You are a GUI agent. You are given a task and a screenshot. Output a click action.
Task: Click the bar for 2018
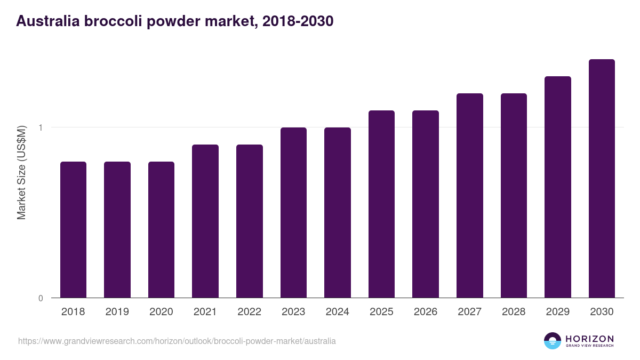pos(73,229)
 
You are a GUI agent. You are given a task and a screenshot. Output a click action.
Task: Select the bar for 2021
pos(205,221)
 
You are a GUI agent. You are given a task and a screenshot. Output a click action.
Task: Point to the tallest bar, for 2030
pos(602,178)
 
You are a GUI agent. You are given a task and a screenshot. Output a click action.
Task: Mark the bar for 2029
pos(558,187)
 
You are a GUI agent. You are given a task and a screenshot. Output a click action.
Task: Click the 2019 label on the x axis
pos(117,312)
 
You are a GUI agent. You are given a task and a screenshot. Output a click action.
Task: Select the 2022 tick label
pos(249,312)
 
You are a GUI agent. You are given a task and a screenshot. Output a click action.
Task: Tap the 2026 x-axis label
pos(426,312)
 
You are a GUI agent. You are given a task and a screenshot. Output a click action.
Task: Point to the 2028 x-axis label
pos(514,312)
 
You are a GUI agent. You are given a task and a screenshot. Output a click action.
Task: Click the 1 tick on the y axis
pos(40,127)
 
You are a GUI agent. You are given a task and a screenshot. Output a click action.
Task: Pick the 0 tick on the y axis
pos(40,298)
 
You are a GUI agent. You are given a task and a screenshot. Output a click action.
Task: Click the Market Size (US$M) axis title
pos(21,172)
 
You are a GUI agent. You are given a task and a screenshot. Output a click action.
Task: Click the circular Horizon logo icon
pos(553,341)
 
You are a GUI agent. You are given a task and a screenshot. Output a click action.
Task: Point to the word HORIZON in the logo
pos(589,338)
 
